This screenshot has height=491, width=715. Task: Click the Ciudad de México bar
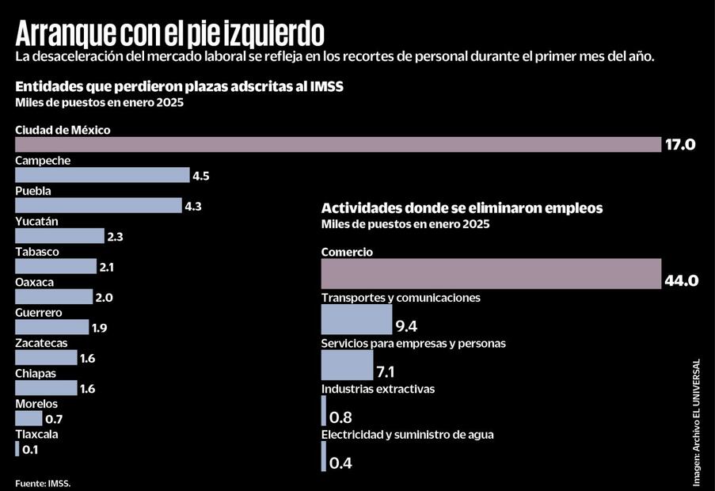[338, 144]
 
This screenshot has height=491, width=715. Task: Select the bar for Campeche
[102, 175]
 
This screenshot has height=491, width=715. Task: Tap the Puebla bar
[98, 205]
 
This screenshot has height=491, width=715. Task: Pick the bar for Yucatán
[59, 236]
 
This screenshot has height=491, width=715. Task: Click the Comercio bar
[491, 273]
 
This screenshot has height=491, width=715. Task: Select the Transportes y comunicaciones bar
[356, 319]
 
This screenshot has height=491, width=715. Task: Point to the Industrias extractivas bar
[324, 410]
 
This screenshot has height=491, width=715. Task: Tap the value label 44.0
[681, 281]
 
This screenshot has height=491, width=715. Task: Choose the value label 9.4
[407, 325]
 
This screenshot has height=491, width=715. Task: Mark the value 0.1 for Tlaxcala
[31, 450]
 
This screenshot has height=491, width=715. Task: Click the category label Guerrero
[38, 313]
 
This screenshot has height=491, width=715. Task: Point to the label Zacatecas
[41, 343]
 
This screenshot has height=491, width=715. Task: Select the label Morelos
[36, 404]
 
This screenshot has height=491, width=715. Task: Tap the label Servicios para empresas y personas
[413, 344]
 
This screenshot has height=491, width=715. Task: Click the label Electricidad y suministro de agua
[408, 435]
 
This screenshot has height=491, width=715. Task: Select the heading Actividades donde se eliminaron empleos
[462, 208]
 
